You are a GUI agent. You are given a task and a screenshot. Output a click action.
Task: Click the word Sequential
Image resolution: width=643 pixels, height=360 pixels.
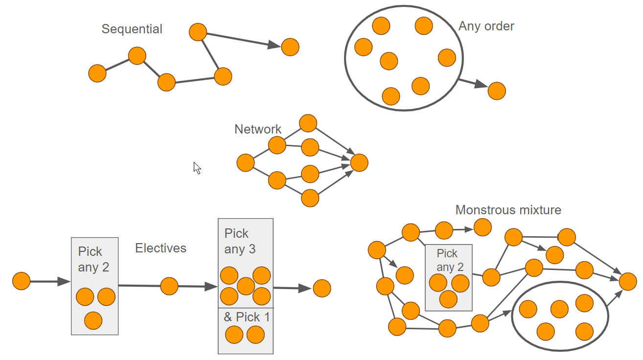point(132,29)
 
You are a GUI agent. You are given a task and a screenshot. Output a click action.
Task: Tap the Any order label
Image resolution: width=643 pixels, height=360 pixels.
point(486,26)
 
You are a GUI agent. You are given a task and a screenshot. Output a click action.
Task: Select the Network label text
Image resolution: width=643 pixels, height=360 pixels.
point(258,129)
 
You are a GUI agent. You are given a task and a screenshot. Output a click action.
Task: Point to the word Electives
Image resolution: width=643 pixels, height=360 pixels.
point(161,248)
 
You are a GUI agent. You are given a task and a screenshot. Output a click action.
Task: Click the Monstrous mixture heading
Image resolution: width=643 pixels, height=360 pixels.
point(508,210)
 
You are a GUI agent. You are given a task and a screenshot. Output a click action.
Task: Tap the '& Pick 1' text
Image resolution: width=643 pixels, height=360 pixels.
point(247,317)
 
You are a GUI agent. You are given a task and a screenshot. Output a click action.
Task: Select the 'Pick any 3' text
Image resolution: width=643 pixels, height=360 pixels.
point(240,241)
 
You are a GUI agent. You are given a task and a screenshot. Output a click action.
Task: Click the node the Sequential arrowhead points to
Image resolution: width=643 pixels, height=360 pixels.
point(290,47)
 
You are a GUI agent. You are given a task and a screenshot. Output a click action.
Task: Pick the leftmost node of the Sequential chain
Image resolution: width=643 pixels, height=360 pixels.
point(97,73)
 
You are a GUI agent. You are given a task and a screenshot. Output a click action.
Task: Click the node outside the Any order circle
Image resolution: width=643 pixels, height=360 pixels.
point(497,91)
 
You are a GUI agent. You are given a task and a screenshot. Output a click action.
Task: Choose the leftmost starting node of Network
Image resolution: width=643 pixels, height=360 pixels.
point(245,162)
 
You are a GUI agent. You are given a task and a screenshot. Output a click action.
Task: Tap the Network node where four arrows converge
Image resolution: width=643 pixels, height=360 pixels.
point(359,163)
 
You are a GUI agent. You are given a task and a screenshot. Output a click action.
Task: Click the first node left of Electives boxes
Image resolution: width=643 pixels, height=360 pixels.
point(22,281)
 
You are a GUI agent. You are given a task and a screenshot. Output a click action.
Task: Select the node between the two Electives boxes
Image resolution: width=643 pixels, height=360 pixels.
point(169,286)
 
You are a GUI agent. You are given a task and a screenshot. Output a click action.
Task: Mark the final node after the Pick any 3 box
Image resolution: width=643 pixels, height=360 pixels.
point(322,288)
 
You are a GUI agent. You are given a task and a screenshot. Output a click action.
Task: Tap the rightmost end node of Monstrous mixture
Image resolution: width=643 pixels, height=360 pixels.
point(628,281)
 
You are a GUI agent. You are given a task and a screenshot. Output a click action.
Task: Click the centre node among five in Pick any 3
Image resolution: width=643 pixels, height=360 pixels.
point(246,286)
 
